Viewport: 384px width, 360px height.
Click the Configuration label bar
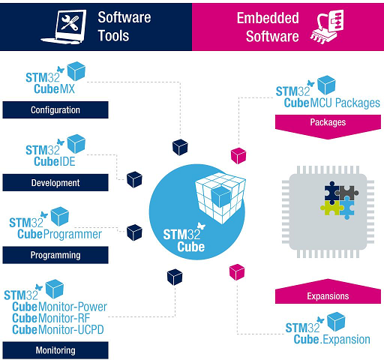click(x=55, y=110)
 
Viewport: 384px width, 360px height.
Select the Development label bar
click(x=55, y=182)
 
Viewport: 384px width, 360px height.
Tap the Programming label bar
click(x=55, y=255)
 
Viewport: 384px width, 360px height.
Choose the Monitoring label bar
click(x=55, y=349)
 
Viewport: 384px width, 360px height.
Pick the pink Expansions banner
click(x=328, y=295)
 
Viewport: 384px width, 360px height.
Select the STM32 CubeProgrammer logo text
click(x=56, y=229)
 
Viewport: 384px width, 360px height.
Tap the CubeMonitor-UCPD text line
click(x=60, y=329)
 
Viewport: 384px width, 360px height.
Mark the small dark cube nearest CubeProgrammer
click(x=135, y=231)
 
